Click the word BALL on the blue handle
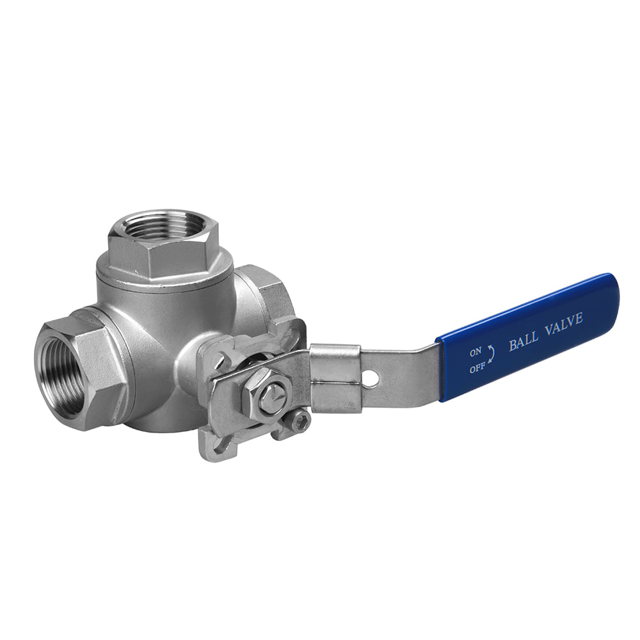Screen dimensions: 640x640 pyautogui.click(x=523, y=342)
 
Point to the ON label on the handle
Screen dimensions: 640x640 pyautogui.click(x=476, y=351)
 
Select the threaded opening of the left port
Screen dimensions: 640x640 pyautogui.click(x=58, y=370)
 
